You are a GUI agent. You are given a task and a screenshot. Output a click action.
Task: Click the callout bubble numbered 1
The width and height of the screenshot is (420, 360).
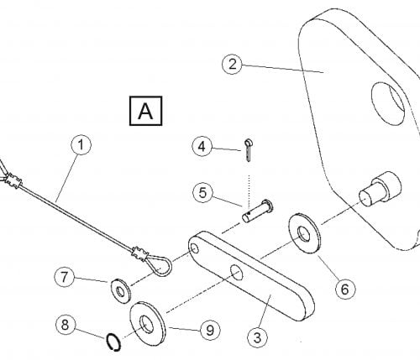click(x=81, y=145)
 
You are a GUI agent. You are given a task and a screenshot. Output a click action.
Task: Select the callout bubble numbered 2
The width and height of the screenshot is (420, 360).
click(x=232, y=65)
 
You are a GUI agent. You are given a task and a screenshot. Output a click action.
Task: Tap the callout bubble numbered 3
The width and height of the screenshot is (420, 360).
click(x=258, y=337)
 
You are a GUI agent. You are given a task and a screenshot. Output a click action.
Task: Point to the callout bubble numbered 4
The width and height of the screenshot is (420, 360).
click(x=202, y=147)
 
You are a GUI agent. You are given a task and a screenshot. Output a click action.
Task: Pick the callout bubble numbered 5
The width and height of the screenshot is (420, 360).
click(x=202, y=193)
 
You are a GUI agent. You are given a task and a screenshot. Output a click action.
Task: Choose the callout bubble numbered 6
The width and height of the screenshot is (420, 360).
click(x=345, y=289)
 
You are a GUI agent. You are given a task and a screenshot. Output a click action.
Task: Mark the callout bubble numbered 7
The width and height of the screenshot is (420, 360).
click(x=65, y=277)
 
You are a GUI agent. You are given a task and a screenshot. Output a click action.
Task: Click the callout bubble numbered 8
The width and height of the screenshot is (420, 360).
click(x=65, y=325)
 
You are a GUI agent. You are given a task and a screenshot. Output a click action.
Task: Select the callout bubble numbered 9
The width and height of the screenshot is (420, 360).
click(x=210, y=331)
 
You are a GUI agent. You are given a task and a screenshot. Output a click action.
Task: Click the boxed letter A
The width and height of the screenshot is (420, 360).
click(x=145, y=111)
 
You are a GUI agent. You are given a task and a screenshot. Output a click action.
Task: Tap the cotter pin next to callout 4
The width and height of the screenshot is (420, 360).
click(x=248, y=150)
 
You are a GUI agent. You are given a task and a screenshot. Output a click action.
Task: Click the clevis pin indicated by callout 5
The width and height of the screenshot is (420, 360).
click(x=258, y=211)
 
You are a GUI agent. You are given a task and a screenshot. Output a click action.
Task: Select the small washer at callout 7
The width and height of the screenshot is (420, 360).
click(x=121, y=291)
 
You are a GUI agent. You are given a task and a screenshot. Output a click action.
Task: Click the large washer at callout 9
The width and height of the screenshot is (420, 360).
click(x=147, y=324)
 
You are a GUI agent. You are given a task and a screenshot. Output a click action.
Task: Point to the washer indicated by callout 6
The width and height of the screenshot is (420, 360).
click(x=305, y=233)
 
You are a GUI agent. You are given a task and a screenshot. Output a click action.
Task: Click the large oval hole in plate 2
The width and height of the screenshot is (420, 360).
click(x=388, y=103)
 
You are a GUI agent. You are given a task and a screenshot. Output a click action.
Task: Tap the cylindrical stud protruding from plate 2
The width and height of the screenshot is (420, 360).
click(x=381, y=189)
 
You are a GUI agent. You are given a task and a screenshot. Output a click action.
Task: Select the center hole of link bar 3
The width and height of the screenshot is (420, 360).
click(x=237, y=273)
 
